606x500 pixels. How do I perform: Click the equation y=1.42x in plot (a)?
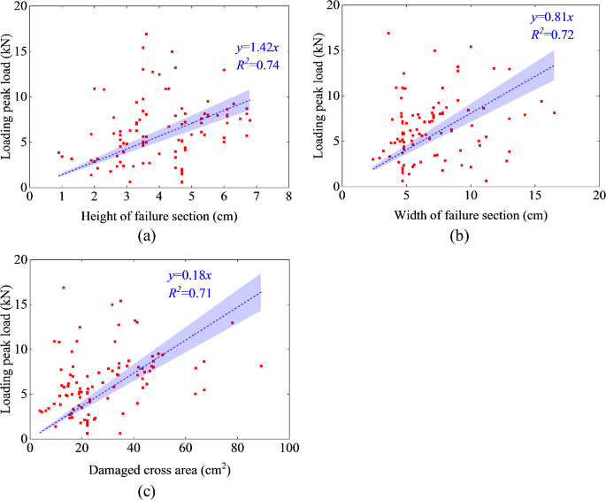pos(252,49)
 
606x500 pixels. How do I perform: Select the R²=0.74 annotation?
pos(252,65)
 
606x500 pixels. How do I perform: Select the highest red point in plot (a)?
pos(146,35)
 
